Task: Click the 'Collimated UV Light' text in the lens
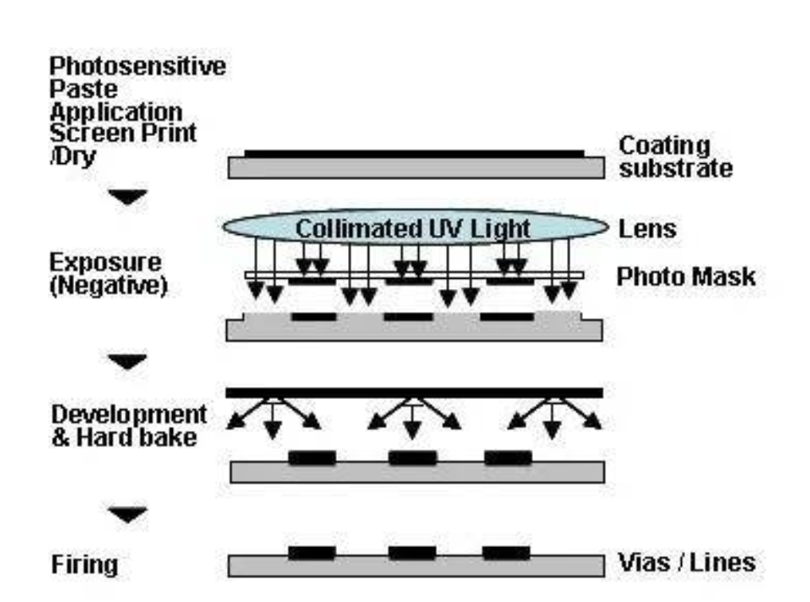(x=413, y=229)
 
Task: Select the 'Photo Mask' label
(x=686, y=276)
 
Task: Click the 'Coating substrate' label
(x=675, y=158)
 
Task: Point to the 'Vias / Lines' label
(x=687, y=563)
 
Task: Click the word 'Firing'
(x=84, y=565)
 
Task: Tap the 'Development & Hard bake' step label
(x=128, y=426)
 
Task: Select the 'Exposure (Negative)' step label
(x=108, y=273)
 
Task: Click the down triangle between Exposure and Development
(x=127, y=362)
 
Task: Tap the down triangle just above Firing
(x=127, y=516)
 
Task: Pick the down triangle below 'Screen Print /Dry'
(x=127, y=196)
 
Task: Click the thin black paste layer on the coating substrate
(x=413, y=153)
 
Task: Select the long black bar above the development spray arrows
(x=413, y=392)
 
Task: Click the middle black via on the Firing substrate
(x=412, y=552)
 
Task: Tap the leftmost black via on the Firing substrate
(x=311, y=552)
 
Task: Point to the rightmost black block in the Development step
(x=507, y=458)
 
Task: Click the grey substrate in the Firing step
(x=413, y=566)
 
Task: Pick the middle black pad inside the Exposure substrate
(x=408, y=316)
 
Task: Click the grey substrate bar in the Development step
(x=413, y=472)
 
